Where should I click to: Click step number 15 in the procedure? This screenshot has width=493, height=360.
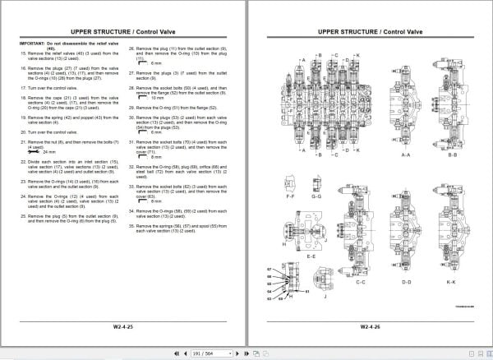(22, 53)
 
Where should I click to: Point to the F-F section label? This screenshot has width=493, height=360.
(290, 197)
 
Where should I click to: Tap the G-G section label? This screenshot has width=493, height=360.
(316, 197)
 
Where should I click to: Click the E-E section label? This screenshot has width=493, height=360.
(310, 256)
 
